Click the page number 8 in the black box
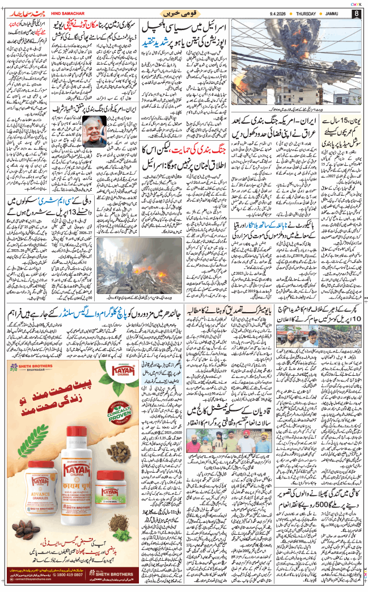pos(356,12)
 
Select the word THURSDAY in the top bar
pos(312,12)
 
